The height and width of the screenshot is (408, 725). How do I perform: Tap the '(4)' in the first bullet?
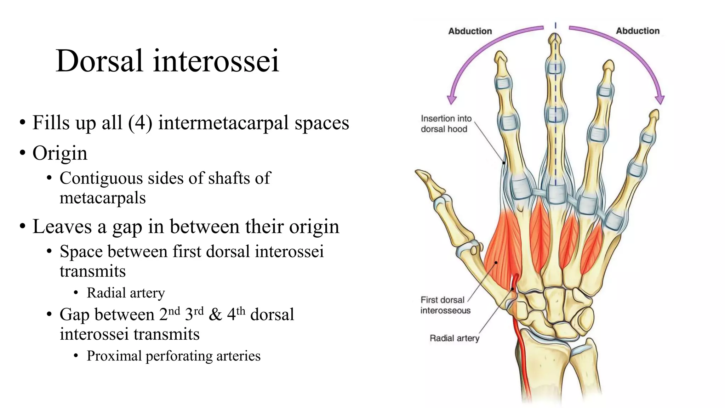[x=140, y=123]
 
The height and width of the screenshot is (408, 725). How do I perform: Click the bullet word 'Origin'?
[x=60, y=153]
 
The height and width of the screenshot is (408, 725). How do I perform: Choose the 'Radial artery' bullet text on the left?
[x=126, y=293]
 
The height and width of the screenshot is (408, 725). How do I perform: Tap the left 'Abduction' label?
[x=470, y=31]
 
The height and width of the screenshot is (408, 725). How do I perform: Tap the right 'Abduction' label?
[x=638, y=31]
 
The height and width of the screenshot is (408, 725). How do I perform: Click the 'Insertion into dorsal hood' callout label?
[x=445, y=124]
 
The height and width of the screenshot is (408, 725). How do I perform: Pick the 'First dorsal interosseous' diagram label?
[x=445, y=305]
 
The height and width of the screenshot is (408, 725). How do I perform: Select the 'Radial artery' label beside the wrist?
[x=454, y=338]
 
